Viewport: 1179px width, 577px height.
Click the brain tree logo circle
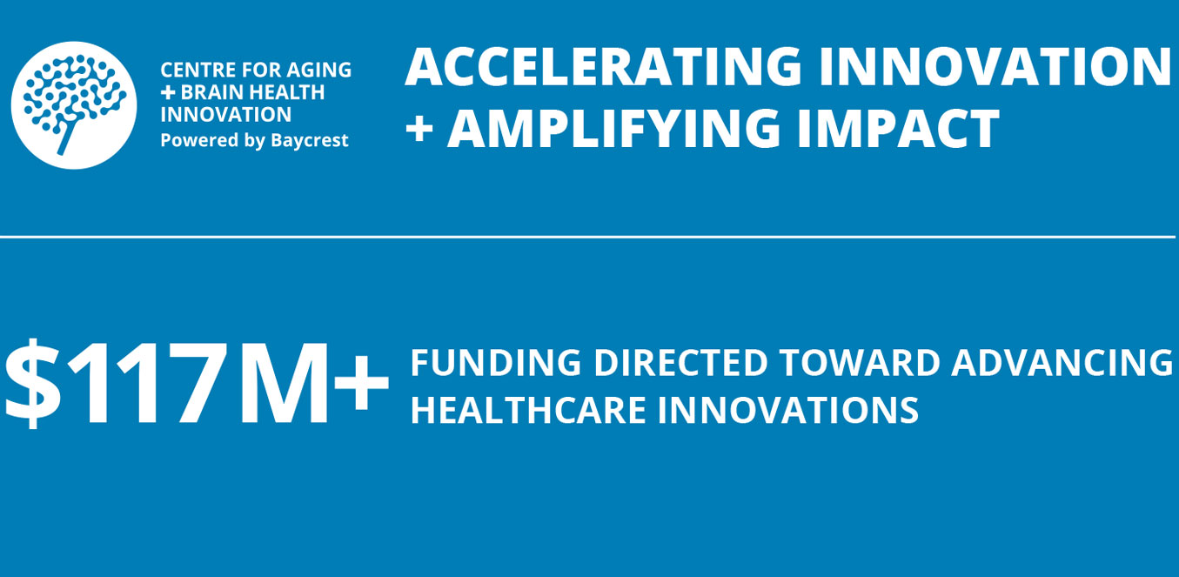pos(74,105)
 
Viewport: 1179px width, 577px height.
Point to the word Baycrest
pos(310,141)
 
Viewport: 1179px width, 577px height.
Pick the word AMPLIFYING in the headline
pos(613,129)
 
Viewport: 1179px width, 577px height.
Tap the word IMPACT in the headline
pos(899,129)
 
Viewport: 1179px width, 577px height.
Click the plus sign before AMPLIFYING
pos(419,130)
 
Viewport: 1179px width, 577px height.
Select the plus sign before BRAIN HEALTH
pos(167,93)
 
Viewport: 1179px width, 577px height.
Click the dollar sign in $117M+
pos(33,383)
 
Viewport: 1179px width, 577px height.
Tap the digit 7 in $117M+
pos(197,383)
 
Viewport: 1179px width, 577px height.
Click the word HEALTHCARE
pos(528,410)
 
